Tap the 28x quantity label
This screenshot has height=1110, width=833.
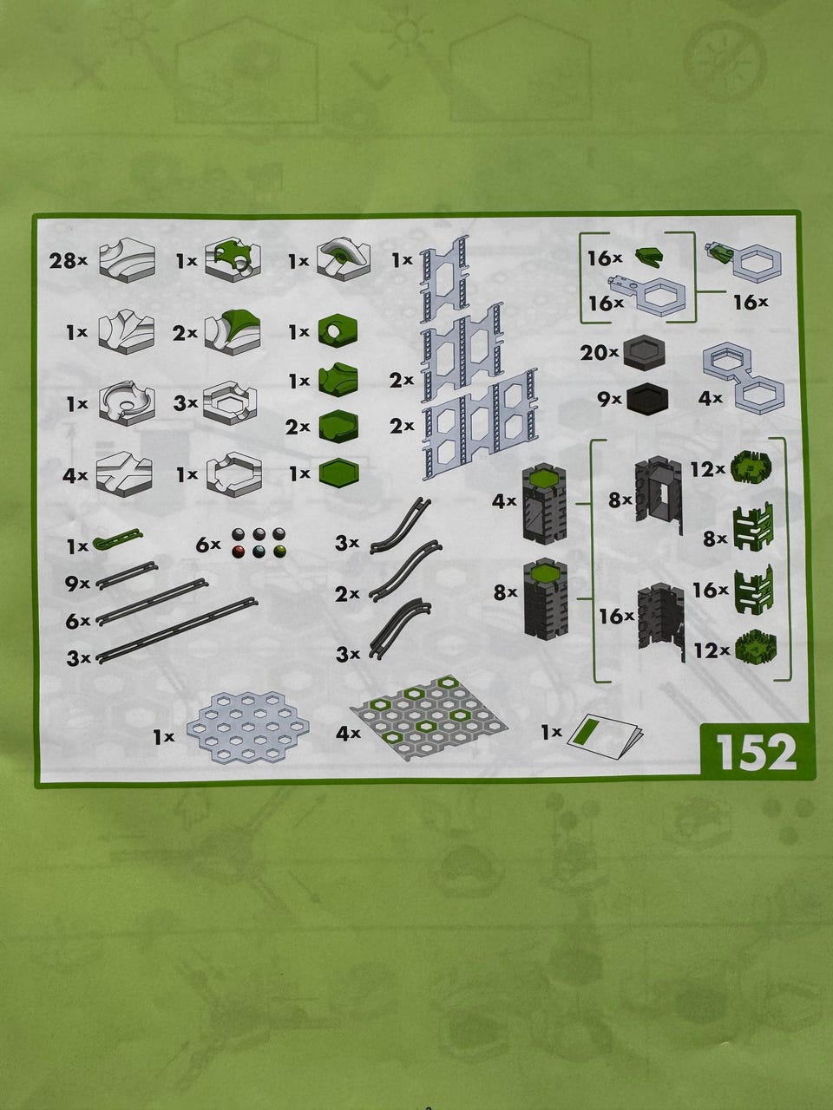[69, 261]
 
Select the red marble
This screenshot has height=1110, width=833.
[238, 552]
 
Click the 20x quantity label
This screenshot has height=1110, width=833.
[600, 352]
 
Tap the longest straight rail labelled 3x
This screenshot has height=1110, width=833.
[177, 630]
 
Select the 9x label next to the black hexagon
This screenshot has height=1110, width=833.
[609, 400]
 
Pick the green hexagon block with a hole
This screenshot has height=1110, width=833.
[338, 332]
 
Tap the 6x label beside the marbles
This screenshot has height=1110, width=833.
[208, 545]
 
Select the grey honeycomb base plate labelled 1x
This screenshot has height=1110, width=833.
[248, 728]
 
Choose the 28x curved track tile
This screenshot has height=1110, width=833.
[127, 260]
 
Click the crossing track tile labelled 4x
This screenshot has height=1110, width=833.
[124, 473]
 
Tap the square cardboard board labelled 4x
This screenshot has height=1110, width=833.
[429, 717]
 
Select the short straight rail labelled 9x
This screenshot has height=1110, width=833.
[127, 576]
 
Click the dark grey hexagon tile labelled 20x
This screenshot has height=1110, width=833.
[644, 354]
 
